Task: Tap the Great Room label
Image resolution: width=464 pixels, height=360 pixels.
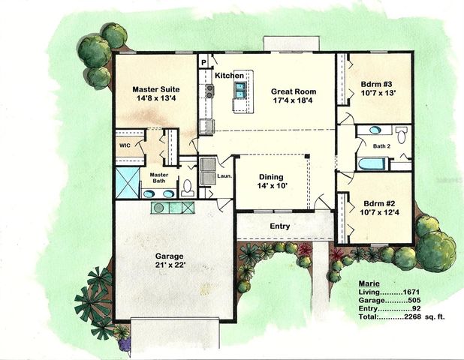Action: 294,91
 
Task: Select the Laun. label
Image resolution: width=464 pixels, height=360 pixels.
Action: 223,176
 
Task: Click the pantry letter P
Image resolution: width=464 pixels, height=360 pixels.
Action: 203,62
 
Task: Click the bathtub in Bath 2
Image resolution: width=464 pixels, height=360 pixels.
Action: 373,163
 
